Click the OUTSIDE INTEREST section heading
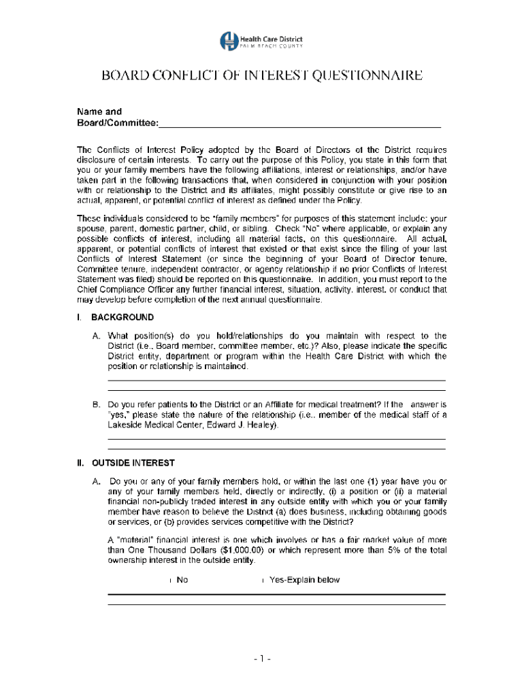point(133,464)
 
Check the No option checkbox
point(169,580)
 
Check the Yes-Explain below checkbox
point(263,580)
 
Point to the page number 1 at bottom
point(262,659)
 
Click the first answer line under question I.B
point(276,438)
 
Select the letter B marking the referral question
point(97,404)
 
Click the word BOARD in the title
point(126,75)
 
